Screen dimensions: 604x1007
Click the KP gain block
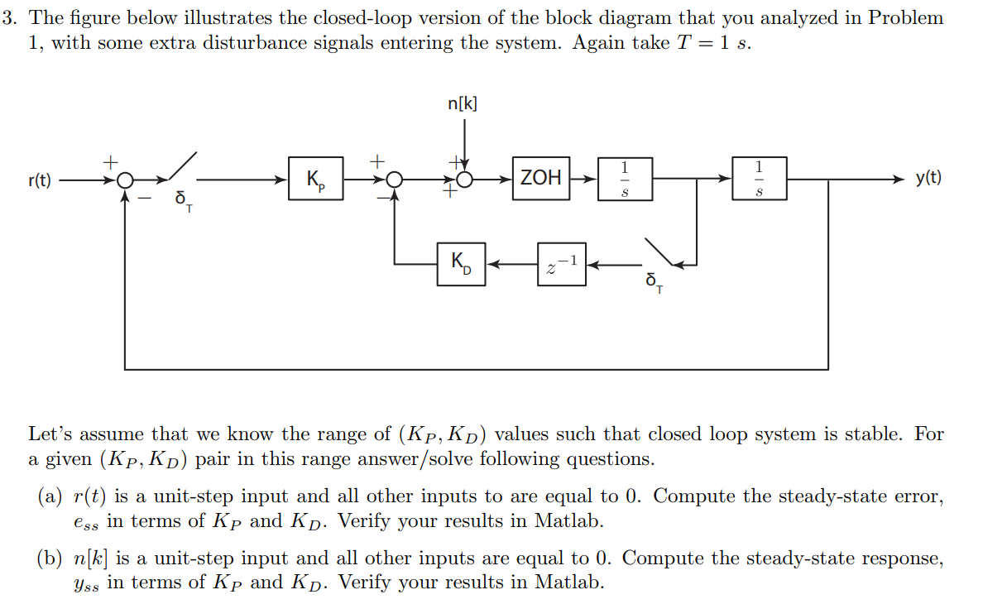pos(316,179)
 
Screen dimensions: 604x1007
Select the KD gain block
pos(461,264)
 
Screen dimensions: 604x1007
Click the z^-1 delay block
pos(562,264)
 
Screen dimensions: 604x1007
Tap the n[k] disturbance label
pos(463,104)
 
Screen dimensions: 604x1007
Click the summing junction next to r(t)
pos(124,180)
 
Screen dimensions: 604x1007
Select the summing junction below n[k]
pos(465,180)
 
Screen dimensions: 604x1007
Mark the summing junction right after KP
pos(395,180)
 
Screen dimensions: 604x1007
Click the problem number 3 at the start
pos(7,18)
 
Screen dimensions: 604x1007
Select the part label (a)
pos(50,496)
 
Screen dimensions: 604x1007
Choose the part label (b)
pos(50,558)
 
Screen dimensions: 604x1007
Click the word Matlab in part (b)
pos(569,582)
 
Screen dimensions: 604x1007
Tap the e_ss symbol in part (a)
pos(84,523)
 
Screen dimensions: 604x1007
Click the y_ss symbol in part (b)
pos(84,584)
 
